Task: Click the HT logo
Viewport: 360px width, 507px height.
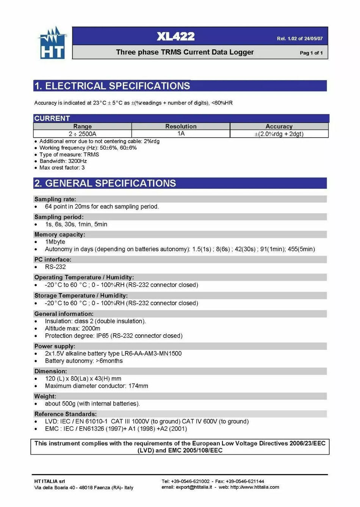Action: pos(52,43)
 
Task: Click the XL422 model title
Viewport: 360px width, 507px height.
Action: pos(175,36)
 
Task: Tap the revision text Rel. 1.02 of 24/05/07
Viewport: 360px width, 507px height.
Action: pos(300,39)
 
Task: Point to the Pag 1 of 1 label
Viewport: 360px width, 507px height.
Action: pos(311,53)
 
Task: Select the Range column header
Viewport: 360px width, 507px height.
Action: pos(82,126)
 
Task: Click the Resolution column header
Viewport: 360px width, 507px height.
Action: pos(181,126)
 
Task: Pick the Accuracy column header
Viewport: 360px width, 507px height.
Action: pos(279,126)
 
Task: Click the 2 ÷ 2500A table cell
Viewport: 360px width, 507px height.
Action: pos(82,134)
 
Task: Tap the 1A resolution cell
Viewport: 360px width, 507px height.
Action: pos(181,133)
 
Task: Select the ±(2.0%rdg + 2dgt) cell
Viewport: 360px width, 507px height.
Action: pos(279,134)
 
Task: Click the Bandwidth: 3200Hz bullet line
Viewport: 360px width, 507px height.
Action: pos(63,161)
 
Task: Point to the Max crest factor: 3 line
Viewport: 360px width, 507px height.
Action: pos(62,168)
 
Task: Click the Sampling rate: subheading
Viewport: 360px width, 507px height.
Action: pos(55,199)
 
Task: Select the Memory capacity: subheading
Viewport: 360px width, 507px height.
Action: pos(59,234)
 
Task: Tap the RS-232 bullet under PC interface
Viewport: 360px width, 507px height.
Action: pos(55,267)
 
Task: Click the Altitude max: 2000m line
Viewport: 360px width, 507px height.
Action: pos(72,328)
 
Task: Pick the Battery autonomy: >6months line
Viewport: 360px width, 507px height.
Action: pos(84,361)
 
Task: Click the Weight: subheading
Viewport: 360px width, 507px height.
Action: pos(45,396)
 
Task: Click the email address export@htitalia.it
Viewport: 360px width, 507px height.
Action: pos(194,487)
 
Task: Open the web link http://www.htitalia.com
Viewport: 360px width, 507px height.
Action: pos(255,487)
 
